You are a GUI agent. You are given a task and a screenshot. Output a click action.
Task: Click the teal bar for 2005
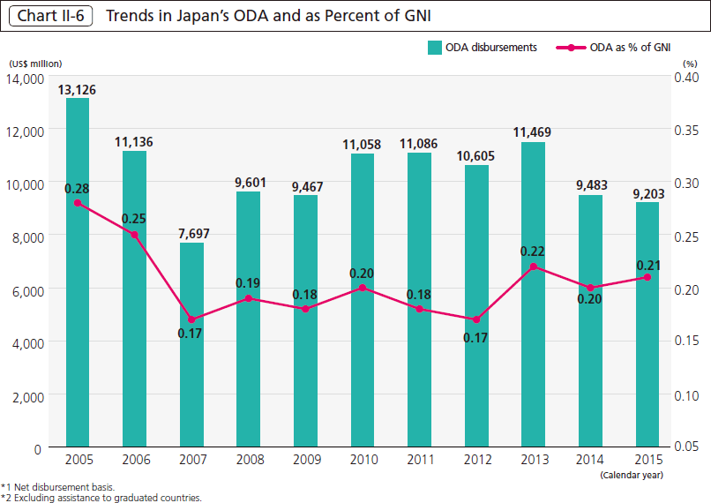(78, 273)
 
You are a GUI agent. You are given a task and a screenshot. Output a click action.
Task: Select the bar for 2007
(191, 344)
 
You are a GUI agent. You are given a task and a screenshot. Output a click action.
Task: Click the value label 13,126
(78, 88)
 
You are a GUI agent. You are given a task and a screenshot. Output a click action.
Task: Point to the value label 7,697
(191, 233)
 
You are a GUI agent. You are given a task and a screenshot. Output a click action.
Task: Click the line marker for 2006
(135, 235)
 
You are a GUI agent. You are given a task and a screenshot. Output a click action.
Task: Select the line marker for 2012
(476, 319)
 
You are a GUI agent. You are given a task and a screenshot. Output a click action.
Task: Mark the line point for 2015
(647, 277)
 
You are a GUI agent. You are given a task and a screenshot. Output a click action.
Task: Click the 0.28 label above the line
(78, 188)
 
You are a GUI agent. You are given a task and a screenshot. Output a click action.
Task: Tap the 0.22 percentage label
(533, 251)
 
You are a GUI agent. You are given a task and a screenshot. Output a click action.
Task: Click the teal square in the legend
(435, 48)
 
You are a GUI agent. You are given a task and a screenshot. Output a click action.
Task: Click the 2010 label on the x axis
(363, 461)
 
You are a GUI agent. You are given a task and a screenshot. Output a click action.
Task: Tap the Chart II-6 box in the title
(49, 16)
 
